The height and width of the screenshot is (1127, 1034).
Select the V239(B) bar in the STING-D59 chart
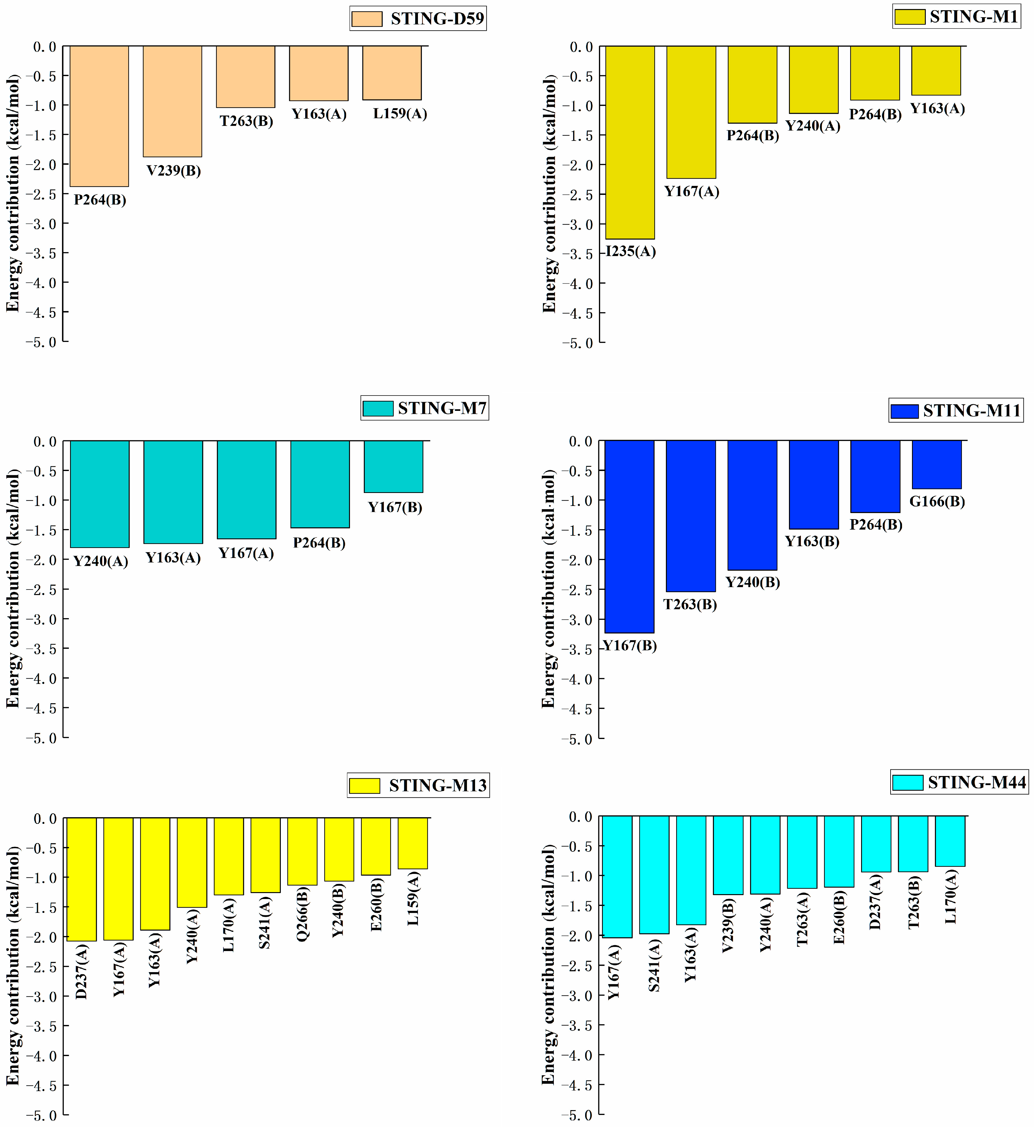click(172, 101)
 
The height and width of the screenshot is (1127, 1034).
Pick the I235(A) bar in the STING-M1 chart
click(630, 143)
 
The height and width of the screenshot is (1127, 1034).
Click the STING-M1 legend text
click(974, 17)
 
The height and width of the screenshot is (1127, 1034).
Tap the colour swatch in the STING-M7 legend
click(378, 408)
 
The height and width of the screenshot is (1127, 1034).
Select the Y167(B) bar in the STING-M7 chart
click(393, 467)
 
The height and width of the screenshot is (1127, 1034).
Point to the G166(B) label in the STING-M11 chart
click(937, 501)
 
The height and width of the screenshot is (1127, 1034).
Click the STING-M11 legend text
click(972, 411)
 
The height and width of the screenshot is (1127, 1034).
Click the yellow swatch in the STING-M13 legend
click(364, 786)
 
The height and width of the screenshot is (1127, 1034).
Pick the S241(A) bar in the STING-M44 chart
click(654, 875)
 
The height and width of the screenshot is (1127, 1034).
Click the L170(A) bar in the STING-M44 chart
click(950, 841)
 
